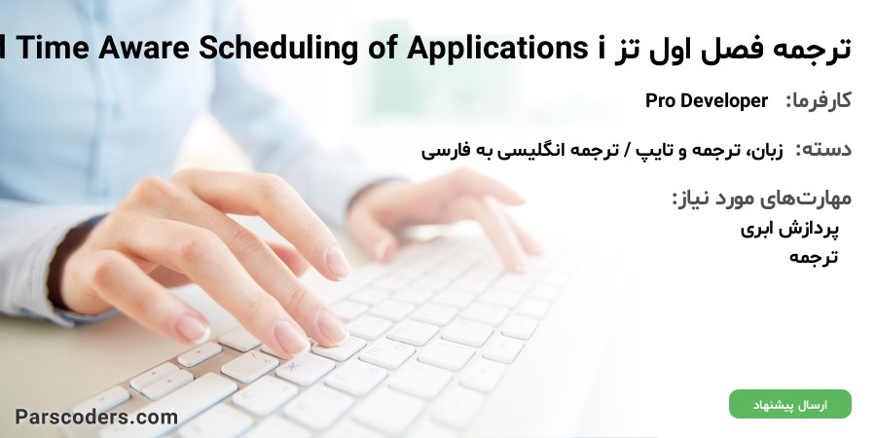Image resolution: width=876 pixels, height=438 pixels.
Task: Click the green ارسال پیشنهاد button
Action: pos(790,404)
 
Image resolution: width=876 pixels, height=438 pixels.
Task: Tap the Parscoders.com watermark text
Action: pos(96,417)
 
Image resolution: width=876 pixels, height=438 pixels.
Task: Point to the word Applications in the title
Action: pos(493,50)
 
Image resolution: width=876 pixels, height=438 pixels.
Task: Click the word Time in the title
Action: pos(53,49)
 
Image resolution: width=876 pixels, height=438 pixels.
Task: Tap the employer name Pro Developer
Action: pos(707,100)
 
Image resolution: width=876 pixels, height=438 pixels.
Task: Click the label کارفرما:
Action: pos(819,101)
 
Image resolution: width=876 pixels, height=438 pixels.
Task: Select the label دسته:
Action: pos(823,149)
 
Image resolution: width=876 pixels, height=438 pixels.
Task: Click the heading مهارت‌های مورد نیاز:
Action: pos(761,199)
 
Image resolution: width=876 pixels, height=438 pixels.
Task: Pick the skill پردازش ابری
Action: pos(789,229)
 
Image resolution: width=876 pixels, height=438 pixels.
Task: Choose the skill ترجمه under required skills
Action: pos(814,256)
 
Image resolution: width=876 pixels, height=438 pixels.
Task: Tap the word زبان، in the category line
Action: pos(766,150)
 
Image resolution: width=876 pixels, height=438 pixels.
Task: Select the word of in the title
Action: pos(383,49)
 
